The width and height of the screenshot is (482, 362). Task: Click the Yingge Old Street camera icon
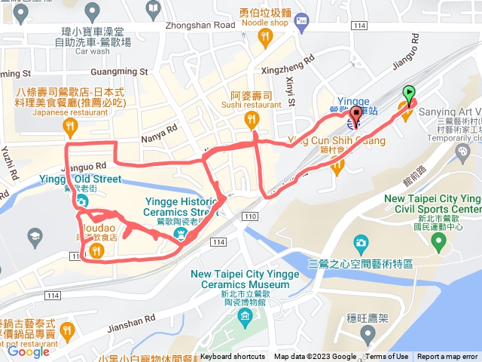pos(81,203)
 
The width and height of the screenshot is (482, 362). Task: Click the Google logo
pos(28,351)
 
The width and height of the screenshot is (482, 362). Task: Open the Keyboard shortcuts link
pos(233,357)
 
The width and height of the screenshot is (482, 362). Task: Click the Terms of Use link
pos(387,357)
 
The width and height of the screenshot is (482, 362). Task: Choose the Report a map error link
pos(447,357)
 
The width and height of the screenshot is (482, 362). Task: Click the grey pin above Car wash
pos(93,11)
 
